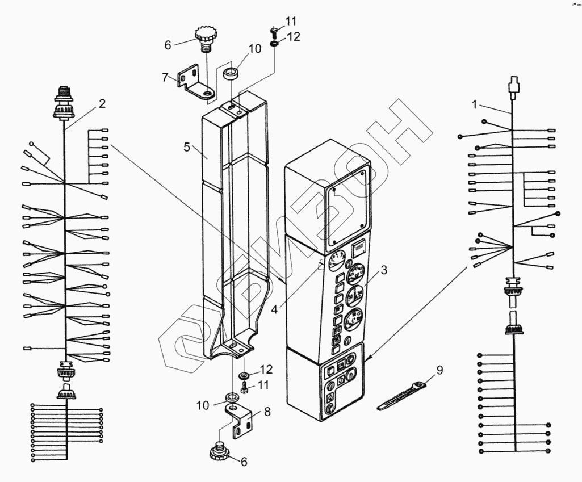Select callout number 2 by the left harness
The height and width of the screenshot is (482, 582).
click(102, 103)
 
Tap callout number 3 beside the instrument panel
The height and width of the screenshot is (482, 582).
click(384, 270)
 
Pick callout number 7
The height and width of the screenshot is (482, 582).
click(165, 77)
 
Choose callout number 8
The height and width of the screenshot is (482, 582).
click(266, 413)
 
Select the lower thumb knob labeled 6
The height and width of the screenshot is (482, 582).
click(218, 452)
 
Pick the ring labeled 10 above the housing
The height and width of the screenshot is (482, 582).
click(230, 73)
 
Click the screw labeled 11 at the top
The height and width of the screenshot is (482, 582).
click(273, 30)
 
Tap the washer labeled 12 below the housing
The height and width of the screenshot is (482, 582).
click(245, 375)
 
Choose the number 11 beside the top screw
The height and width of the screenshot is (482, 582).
click(291, 22)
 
